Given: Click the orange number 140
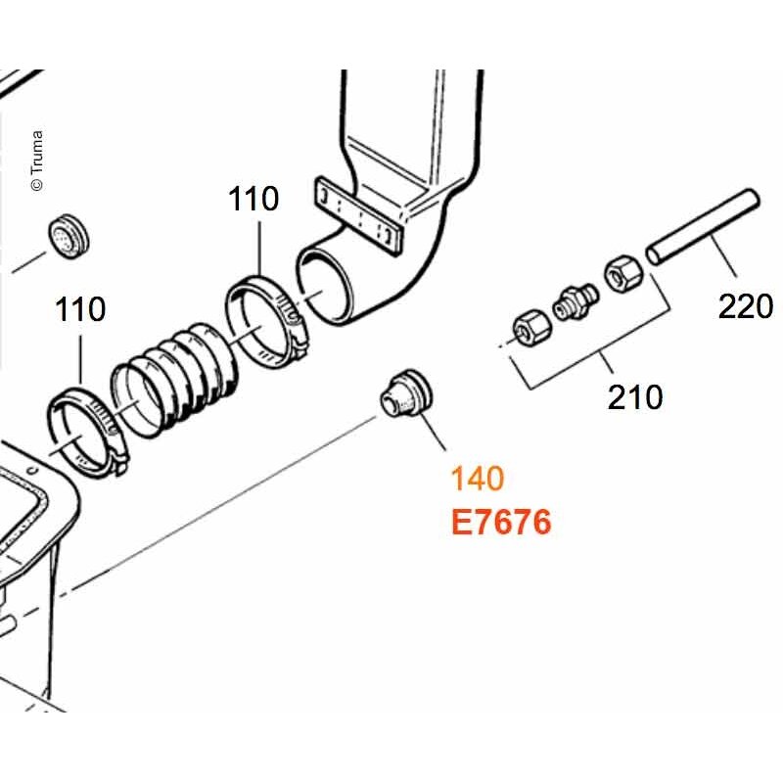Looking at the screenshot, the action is (477, 479).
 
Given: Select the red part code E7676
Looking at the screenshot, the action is (501, 522).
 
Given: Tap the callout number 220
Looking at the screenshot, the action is (746, 306).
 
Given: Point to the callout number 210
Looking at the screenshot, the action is (635, 397).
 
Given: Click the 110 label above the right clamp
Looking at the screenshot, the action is (253, 199).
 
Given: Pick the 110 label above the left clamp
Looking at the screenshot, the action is (80, 309).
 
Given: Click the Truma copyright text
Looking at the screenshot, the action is (37, 161).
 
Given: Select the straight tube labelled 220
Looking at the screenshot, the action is (703, 226).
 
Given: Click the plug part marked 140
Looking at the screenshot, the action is (405, 394).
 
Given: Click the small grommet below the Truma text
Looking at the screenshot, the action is (69, 236).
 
